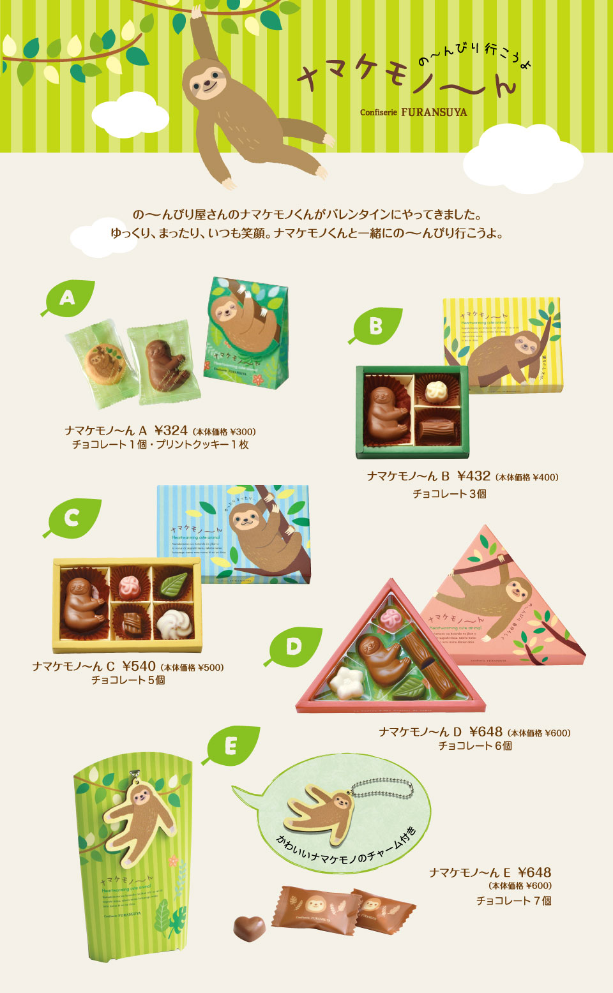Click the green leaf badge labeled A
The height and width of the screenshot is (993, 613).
click(69, 298)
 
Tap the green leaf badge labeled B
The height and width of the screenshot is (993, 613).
click(377, 326)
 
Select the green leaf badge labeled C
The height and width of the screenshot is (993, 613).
click(73, 518)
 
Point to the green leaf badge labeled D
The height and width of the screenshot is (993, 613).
click(294, 646)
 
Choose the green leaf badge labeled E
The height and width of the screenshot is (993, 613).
click(232, 745)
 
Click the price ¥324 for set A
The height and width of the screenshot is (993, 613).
click(170, 431)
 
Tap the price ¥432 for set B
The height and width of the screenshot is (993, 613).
click(474, 476)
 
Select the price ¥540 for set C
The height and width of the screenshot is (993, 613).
click(139, 666)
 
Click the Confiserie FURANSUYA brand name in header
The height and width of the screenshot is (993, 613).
click(413, 112)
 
